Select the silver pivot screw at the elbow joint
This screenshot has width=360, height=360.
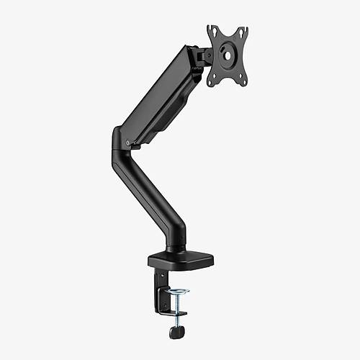coord(127,144)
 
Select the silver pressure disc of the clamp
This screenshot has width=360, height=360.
coord(178,292)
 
